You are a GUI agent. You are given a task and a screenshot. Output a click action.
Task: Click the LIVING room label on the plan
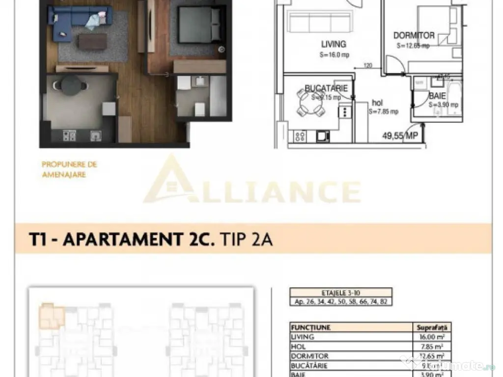[x=334, y=44]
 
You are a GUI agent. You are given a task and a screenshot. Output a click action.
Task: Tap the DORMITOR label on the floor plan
[x=414, y=35]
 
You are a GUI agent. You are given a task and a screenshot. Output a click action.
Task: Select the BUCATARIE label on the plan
[x=326, y=88]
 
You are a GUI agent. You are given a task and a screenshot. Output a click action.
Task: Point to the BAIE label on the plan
[x=437, y=96]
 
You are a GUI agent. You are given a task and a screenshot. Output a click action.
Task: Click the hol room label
[x=377, y=103]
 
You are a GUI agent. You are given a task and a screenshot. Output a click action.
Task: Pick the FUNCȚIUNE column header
[x=310, y=327]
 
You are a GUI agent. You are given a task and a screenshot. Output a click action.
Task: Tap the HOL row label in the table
[x=299, y=347]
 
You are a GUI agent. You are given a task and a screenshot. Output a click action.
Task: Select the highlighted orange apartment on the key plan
[x=51, y=316]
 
